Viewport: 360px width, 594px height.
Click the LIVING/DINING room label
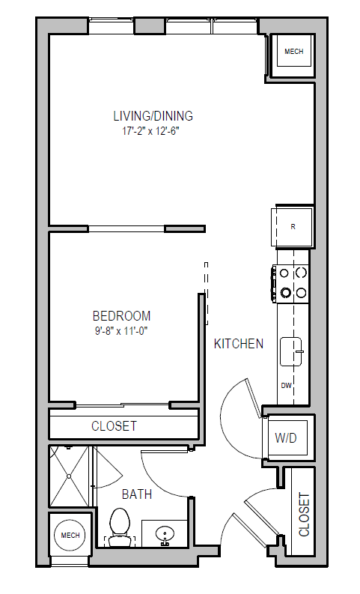(x=153, y=116)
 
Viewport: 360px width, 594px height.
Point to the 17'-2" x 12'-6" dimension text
(x=153, y=130)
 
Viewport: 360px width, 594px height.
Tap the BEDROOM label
(x=121, y=316)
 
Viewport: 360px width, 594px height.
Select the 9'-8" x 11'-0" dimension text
(x=121, y=330)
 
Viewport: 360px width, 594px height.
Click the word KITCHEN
(x=238, y=344)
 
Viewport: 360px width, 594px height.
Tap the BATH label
(x=137, y=494)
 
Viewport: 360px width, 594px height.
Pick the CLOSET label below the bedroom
(x=114, y=426)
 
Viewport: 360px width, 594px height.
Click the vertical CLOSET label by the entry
(x=304, y=514)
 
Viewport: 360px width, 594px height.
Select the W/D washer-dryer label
(x=286, y=437)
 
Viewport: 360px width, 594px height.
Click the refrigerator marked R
(x=292, y=225)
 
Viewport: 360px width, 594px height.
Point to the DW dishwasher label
(x=286, y=386)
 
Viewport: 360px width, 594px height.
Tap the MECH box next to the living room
(x=293, y=52)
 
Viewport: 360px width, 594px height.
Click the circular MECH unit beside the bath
(x=70, y=535)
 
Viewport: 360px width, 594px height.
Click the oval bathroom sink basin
(x=165, y=534)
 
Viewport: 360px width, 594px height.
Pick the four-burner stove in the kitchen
(x=293, y=282)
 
